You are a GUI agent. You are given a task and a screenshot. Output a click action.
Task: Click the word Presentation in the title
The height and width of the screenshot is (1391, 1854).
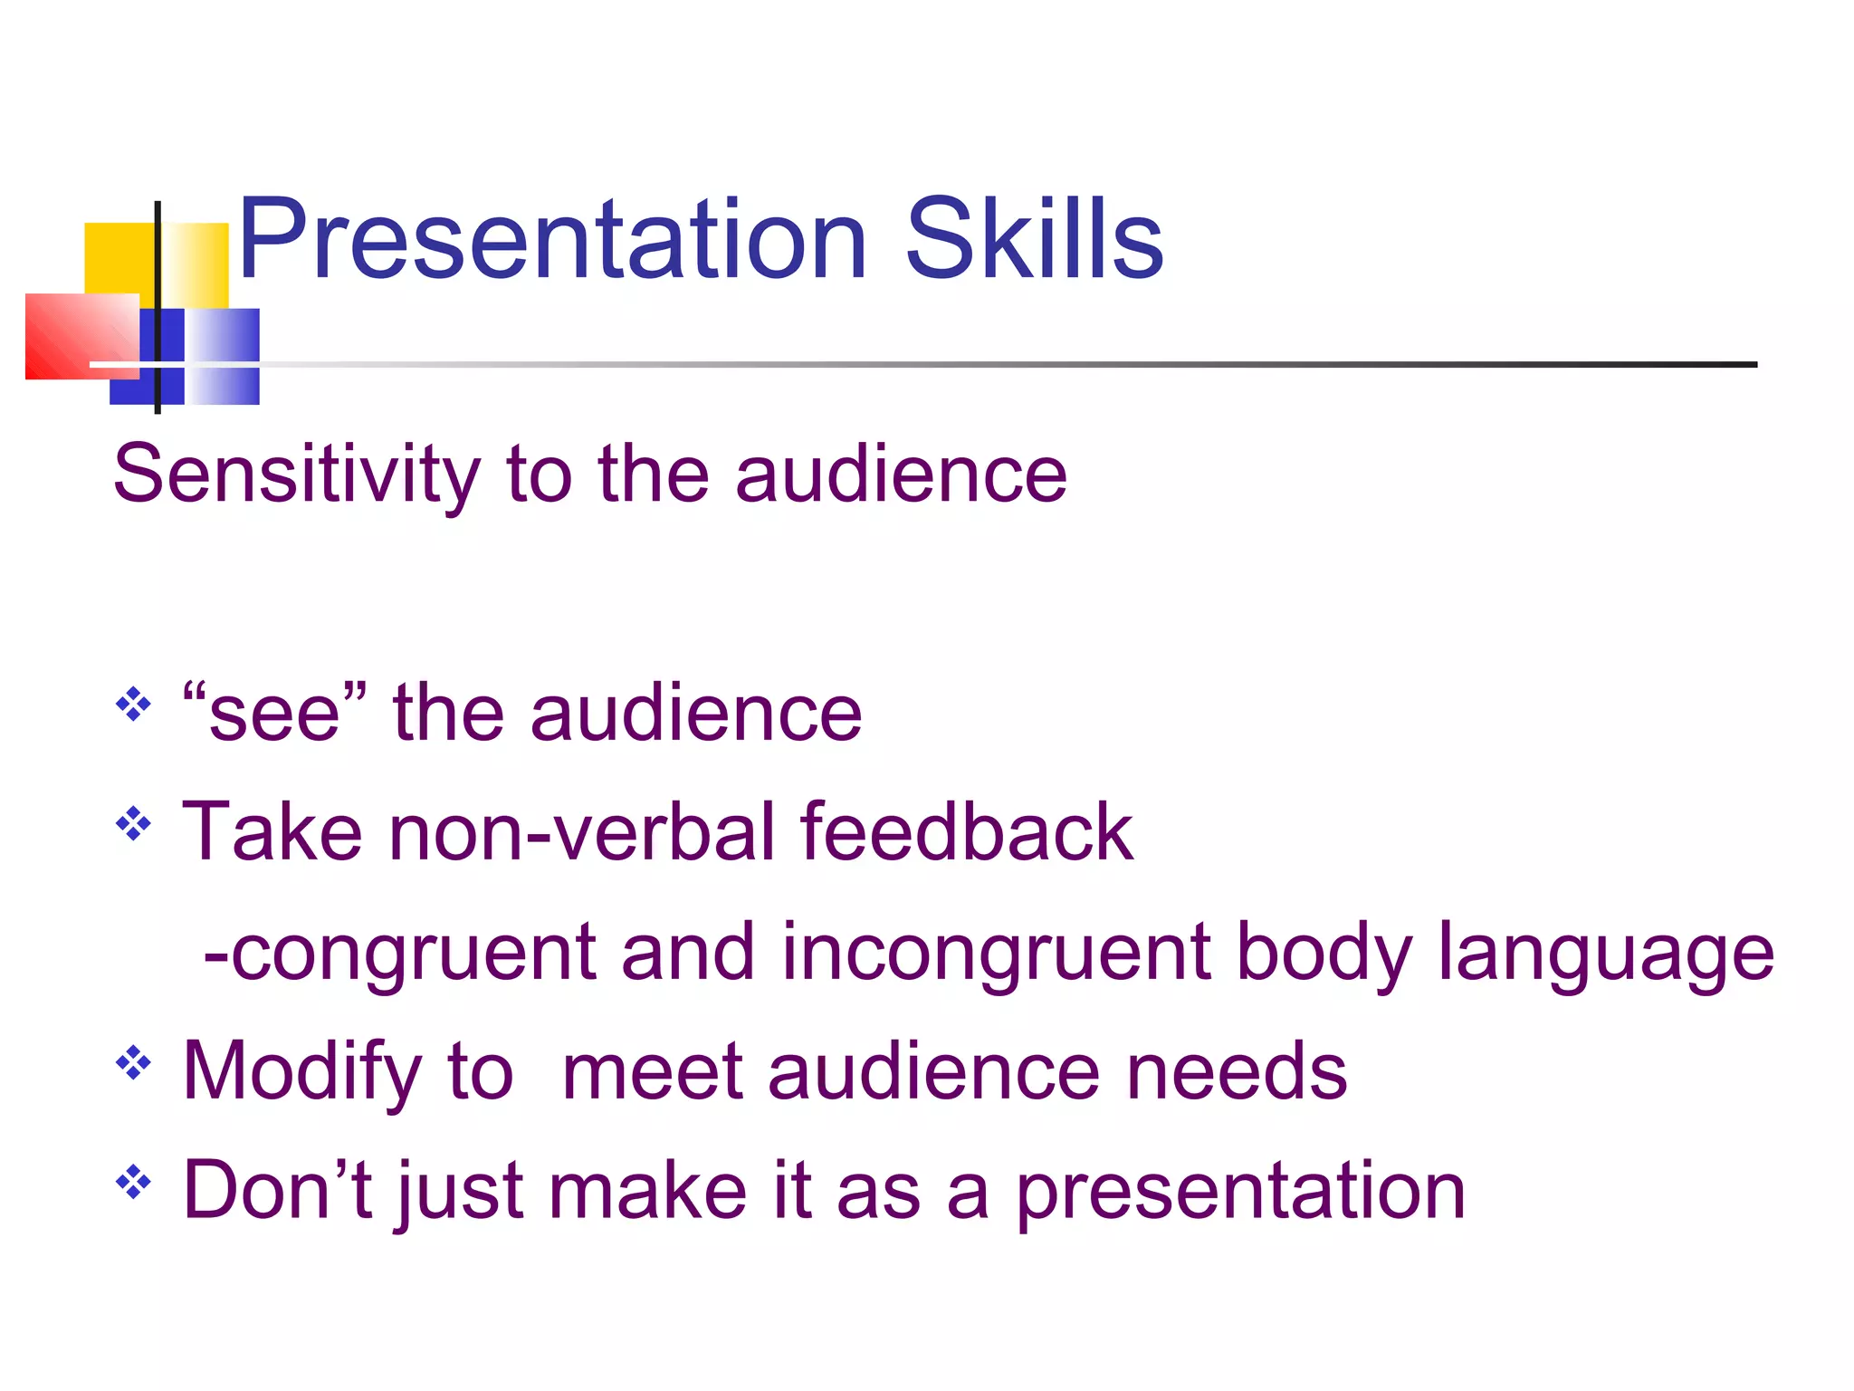tap(552, 240)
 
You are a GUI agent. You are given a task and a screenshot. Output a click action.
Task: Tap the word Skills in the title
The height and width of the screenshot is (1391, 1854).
tap(1034, 240)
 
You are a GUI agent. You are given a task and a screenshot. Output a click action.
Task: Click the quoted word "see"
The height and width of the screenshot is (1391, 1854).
tap(274, 714)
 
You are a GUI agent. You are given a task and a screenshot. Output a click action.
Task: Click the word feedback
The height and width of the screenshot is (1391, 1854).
tap(966, 831)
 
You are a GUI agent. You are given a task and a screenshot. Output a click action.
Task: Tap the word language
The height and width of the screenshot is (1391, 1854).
tap(1605, 953)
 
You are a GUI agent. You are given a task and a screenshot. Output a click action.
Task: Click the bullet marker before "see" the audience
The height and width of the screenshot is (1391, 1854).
tap(133, 704)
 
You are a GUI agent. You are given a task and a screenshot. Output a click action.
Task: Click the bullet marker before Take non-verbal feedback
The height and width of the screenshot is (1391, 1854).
tap(133, 823)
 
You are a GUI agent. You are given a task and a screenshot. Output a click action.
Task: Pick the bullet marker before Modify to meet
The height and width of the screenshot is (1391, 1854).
tap(133, 1063)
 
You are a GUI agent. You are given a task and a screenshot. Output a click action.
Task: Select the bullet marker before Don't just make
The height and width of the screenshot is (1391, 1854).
tap(133, 1182)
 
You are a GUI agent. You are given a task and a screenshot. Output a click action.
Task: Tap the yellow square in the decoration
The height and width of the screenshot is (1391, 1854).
tap(118, 258)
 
